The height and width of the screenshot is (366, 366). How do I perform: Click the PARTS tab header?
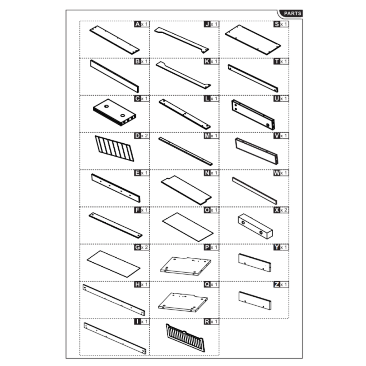point(292,14)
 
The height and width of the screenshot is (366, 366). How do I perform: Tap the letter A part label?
point(138,24)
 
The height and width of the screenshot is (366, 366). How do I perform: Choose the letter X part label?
point(277,210)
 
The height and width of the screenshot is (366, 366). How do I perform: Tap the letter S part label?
point(277,24)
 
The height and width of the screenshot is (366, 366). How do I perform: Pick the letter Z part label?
point(277,285)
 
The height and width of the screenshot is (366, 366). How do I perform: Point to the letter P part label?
point(207,247)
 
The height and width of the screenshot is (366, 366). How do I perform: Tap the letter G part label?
point(137,247)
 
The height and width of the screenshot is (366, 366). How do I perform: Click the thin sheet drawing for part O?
point(188,227)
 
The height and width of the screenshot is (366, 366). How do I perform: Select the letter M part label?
point(207,136)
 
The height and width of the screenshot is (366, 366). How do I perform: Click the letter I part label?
point(138,322)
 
